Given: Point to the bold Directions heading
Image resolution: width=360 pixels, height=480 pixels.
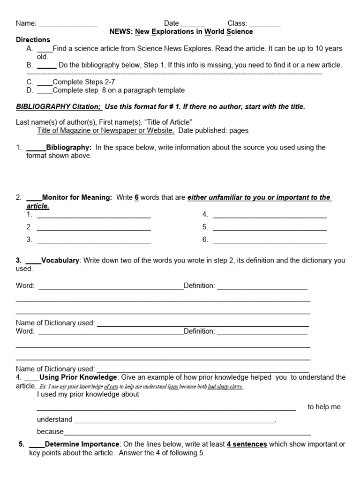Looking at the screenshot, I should click(33, 40).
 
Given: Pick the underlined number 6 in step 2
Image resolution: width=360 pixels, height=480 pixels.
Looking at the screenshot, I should click(136, 197).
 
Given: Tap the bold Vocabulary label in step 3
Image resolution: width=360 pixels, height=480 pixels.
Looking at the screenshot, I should click(60, 260).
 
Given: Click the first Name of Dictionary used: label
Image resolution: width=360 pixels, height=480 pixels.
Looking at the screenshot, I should click(55, 323).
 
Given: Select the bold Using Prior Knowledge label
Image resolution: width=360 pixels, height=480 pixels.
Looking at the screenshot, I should click(78, 377).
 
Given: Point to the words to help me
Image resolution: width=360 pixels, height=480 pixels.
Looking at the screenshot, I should click(324, 407).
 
